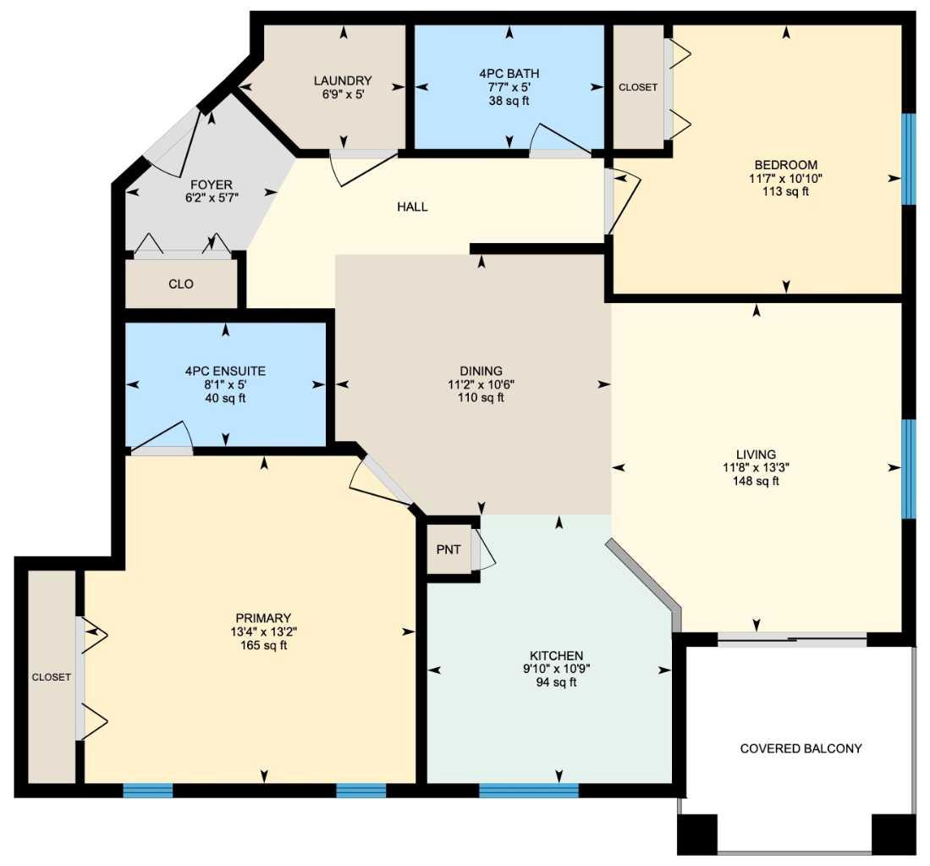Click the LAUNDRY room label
click(342, 81)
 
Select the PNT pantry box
click(448, 549)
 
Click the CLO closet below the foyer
click(181, 284)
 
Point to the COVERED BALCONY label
click(801, 748)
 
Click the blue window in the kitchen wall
click(529, 791)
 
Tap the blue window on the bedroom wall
click(908, 159)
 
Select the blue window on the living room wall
click(908, 468)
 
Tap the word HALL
click(412, 207)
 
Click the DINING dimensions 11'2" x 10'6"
click(481, 383)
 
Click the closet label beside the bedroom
click(638, 87)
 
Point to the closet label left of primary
click(51, 677)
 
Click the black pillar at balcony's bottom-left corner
click(696, 834)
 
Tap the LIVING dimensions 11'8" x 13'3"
click(755, 467)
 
